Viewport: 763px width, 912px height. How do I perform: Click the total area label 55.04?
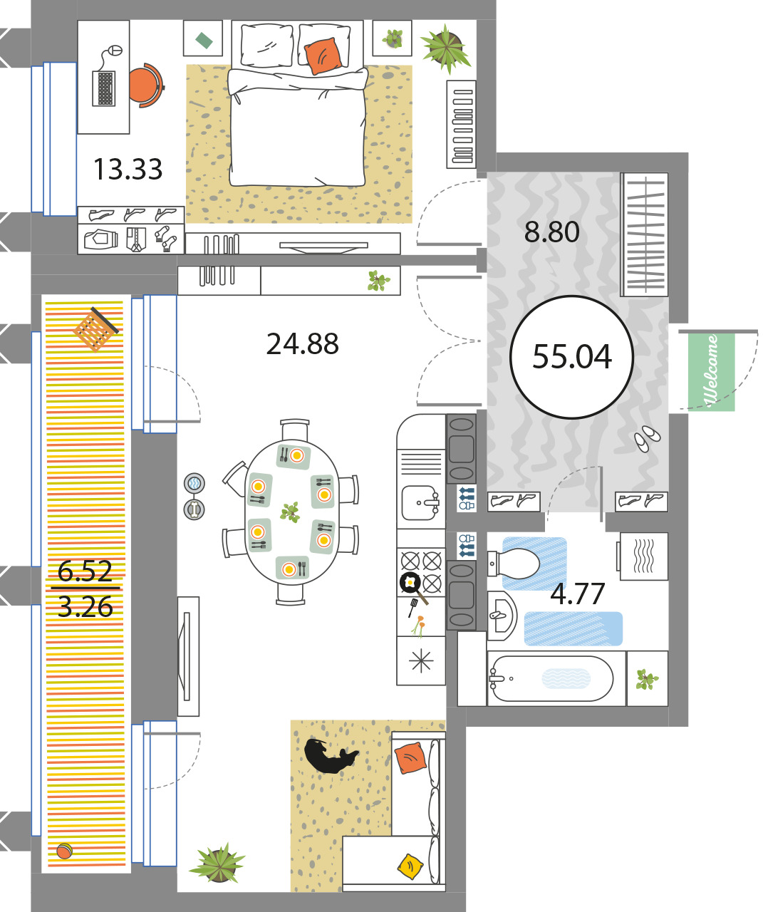pos(571,357)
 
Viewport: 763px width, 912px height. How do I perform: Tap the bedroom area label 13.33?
pos(128,170)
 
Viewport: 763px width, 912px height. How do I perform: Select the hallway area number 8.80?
pos(552,232)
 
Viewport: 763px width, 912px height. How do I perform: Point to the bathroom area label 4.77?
pos(577,594)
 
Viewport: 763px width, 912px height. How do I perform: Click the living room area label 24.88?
pos(303,343)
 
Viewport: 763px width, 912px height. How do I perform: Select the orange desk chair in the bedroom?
pos(145,85)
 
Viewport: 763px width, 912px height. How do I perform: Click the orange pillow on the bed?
pos(323,56)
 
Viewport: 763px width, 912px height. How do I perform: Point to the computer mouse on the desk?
pos(115,50)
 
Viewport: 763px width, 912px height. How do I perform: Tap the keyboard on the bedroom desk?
pos(104,88)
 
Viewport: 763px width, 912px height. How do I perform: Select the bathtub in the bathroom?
pos(551,679)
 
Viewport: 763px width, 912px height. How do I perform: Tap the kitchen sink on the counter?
pos(420,503)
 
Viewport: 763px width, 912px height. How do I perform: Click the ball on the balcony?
pos(64,851)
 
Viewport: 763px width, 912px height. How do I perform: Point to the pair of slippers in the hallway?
pos(647,438)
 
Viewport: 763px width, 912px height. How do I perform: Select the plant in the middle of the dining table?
pos(290,512)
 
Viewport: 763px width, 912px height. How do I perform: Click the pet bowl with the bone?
pos(194,509)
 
